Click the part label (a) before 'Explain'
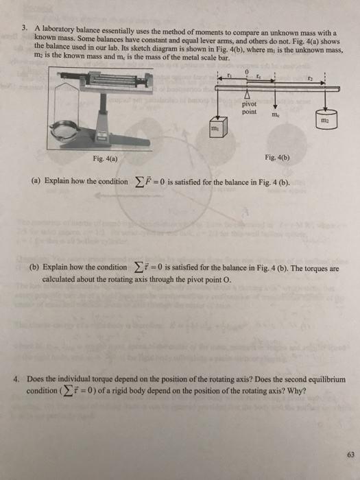tap(35, 182)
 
